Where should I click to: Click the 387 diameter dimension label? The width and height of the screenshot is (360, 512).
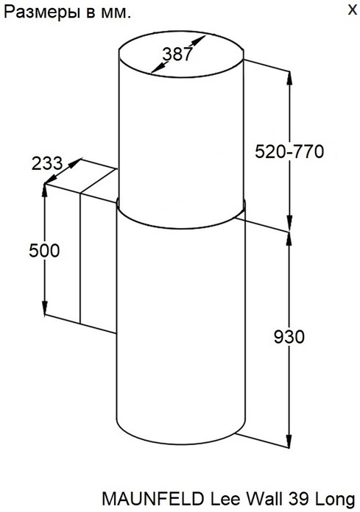[177, 54]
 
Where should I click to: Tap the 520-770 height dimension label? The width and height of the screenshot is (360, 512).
[289, 152]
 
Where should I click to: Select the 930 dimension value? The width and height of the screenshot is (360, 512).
[289, 337]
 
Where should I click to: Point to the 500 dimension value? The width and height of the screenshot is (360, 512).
[44, 251]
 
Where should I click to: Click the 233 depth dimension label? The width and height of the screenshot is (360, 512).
[46, 163]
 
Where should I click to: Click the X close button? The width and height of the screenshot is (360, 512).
[352, 10]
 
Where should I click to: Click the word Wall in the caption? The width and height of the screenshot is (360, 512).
[264, 499]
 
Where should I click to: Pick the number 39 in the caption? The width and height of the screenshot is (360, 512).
[299, 499]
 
